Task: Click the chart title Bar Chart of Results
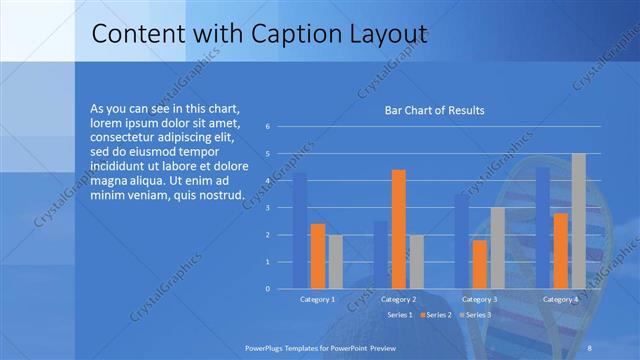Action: tap(434, 110)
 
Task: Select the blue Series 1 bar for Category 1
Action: tap(300, 231)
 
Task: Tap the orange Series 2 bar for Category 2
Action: tap(398, 229)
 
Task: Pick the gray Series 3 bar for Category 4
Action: tap(578, 221)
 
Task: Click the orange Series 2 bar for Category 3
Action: tap(479, 264)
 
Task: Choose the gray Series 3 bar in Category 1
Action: tap(335, 261)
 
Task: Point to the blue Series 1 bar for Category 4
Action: tap(543, 228)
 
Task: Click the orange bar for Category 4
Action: tap(560, 251)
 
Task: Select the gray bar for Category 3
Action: tap(497, 248)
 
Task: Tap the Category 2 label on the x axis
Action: tap(399, 299)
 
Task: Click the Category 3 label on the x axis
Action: tap(478, 299)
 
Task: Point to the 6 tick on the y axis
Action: tap(268, 127)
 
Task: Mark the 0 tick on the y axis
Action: tap(268, 288)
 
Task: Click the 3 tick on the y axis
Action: tap(268, 208)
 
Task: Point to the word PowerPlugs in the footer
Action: tap(268, 346)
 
